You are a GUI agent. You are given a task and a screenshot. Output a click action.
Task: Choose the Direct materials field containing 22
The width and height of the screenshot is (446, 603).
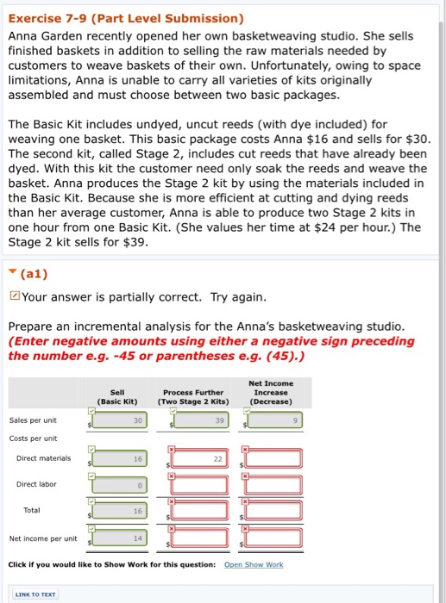199,460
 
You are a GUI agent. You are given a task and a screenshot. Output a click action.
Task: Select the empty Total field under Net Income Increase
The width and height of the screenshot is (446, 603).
276,512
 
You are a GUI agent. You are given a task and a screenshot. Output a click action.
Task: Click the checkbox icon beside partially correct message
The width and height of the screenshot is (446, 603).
14,298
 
